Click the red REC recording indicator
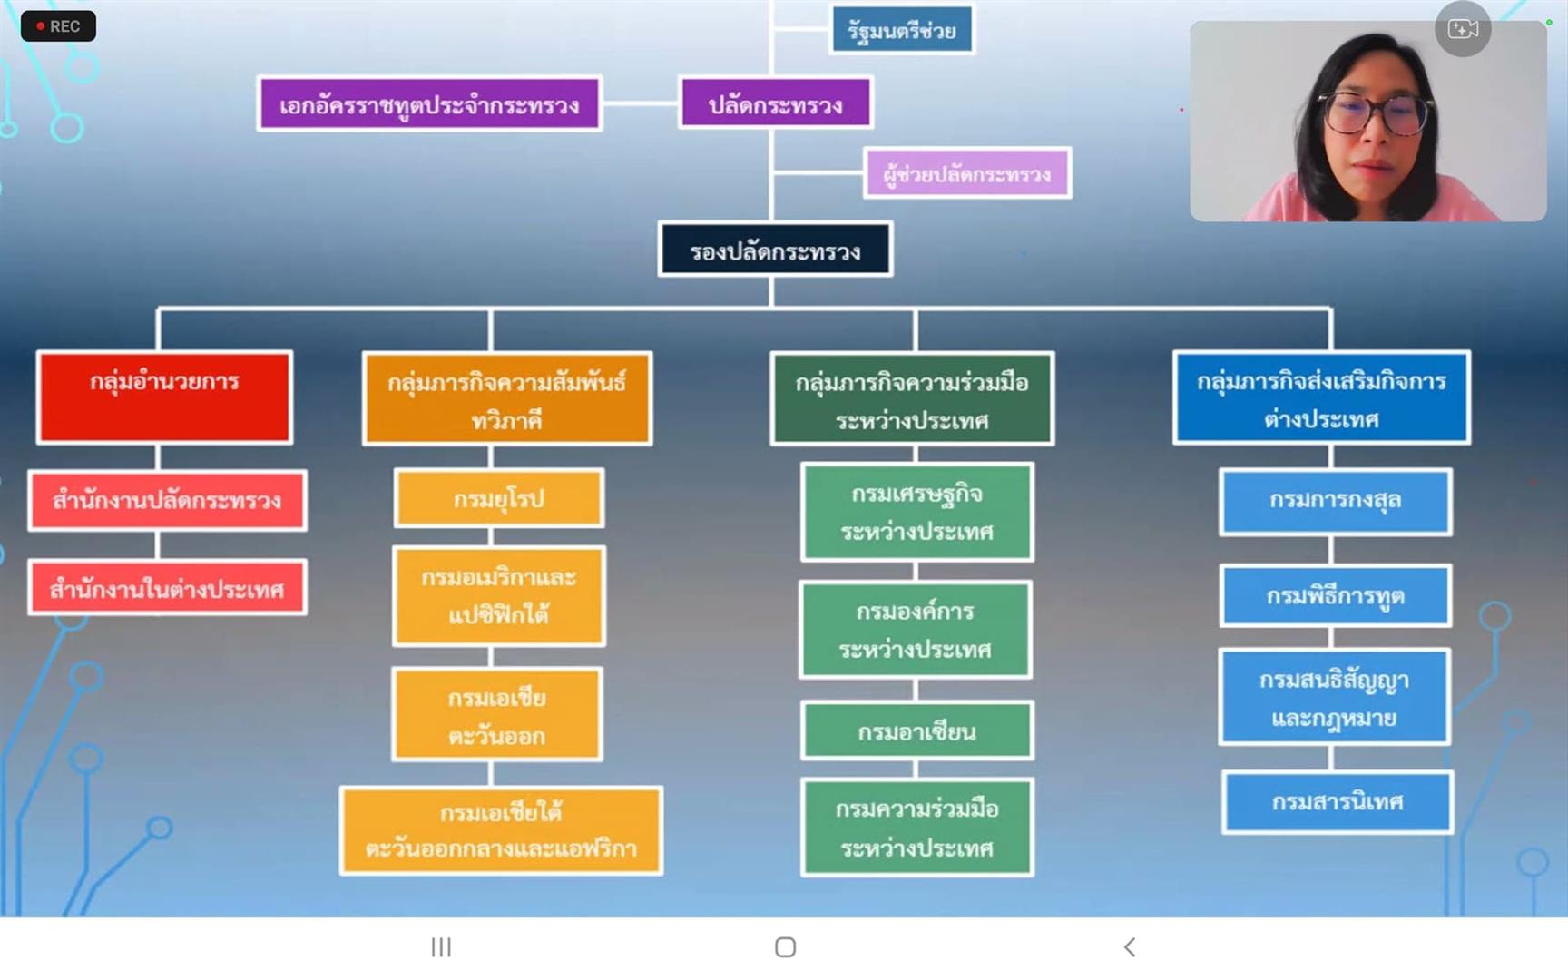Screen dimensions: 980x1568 click(58, 26)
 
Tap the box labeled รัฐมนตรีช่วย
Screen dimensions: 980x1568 click(902, 31)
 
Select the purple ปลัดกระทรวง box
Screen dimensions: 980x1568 click(775, 104)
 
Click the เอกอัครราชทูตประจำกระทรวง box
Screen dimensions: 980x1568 click(429, 104)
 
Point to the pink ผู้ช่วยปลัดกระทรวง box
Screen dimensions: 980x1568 click(966, 173)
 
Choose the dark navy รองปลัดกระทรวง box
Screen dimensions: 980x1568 click(775, 250)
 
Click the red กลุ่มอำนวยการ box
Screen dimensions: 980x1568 click(164, 397)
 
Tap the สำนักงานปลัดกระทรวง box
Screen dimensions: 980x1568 click(167, 500)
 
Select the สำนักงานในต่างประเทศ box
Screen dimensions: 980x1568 click(167, 589)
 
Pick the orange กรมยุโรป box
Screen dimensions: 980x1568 click(498, 498)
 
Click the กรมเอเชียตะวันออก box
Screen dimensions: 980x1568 click(497, 715)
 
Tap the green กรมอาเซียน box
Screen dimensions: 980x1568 click(916, 730)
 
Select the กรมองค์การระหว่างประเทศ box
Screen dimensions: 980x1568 click(915, 630)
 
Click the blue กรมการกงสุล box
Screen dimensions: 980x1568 click(1335, 501)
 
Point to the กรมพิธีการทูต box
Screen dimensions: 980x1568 click(1335, 596)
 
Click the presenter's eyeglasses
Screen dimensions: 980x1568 click(1376, 113)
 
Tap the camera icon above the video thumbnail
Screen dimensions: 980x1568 click(1463, 30)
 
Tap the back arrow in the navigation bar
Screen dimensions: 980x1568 click(1130, 947)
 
